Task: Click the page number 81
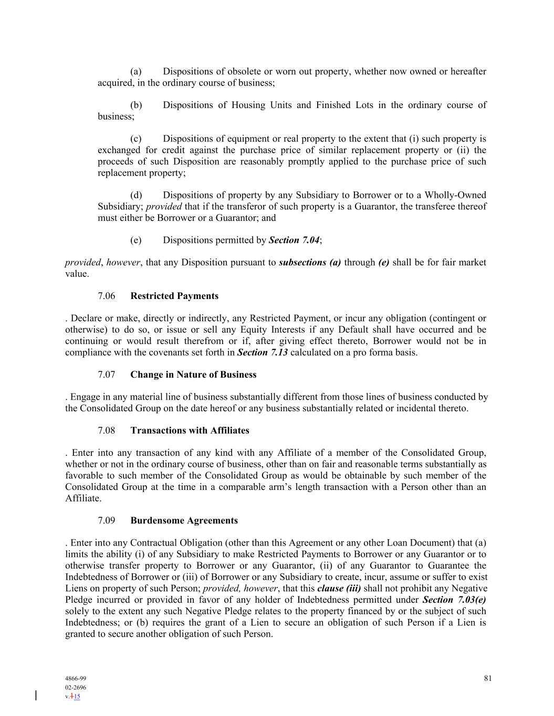click(x=488, y=678)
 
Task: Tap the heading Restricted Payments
click(x=174, y=296)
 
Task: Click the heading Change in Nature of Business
click(x=193, y=375)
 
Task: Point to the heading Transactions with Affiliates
click(x=190, y=431)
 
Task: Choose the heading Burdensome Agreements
click(x=184, y=521)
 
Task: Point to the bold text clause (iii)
click(x=339, y=589)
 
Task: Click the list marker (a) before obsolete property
click(x=136, y=71)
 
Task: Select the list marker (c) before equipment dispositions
click(x=136, y=139)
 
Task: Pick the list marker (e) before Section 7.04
click(x=136, y=240)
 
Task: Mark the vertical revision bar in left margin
click(x=36, y=696)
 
